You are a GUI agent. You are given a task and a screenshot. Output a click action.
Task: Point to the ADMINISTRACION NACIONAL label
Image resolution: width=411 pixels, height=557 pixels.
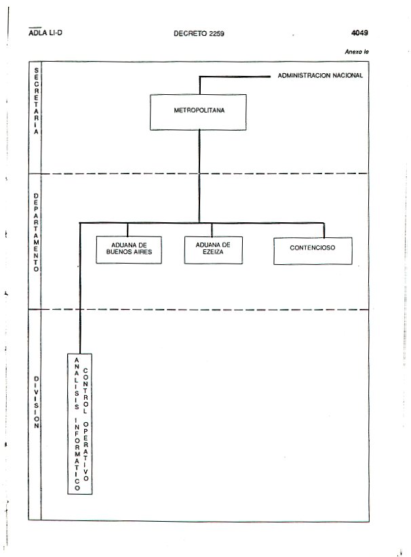pyautogui.click(x=320, y=76)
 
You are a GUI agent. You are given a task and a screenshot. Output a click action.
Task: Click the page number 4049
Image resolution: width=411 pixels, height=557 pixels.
pyautogui.click(x=359, y=33)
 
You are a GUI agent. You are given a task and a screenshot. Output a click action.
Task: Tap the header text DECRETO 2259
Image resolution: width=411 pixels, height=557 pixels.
pyautogui.click(x=199, y=34)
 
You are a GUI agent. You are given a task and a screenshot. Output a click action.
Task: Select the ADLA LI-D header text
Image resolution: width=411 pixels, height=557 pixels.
pyautogui.click(x=45, y=33)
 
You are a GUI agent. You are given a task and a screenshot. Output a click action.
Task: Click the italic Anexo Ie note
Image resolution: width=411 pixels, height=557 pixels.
pyautogui.click(x=357, y=52)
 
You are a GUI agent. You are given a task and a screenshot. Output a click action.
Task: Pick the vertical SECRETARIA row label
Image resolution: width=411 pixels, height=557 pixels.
pyautogui.click(x=36, y=101)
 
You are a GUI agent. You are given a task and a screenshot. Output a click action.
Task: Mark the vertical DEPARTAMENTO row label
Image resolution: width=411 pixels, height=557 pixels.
pyautogui.click(x=36, y=232)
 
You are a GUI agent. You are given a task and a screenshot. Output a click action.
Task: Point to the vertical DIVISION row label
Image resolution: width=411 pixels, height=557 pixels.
pyautogui.click(x=36, y=403)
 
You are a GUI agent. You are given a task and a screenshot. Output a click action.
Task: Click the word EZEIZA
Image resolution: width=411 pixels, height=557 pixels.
pyautogui.click(x=213, y=252)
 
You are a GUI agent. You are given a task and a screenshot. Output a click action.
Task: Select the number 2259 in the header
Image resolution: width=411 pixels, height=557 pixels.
pyautogui.click(x=216, y=34)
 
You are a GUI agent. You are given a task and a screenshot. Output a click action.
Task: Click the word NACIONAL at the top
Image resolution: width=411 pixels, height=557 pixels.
pyautogui.click(x=347, y=76)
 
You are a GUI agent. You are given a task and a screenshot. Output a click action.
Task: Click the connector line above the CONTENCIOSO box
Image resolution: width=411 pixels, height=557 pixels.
pyautogui.click(x=324, y=230)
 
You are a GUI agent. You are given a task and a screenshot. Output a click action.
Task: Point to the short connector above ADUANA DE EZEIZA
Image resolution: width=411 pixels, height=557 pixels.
pyautogui.click(x=212, y=230)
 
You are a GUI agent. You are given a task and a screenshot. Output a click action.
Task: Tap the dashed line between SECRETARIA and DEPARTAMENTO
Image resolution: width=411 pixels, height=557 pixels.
pyautogui.click(x=204, y=173)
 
